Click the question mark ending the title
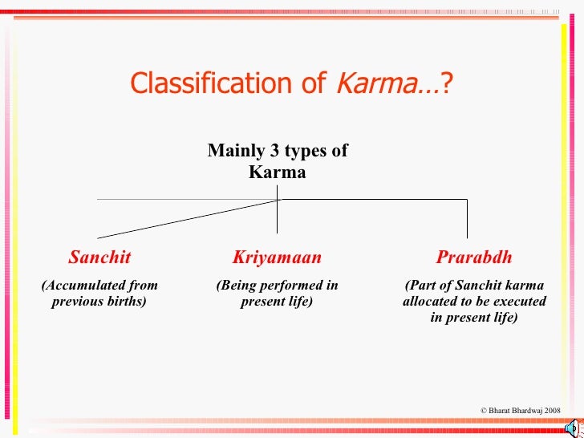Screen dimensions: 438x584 point(447,83)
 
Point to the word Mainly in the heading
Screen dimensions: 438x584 point(233,152)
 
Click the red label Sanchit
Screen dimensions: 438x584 point(99,258)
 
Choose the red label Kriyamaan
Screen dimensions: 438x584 point(277,258)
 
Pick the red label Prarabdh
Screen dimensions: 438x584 point(473,258)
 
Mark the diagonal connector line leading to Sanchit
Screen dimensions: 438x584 point(185,218)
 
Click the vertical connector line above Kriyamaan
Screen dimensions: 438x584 point(278,217)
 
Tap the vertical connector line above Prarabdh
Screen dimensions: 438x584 point(467,218)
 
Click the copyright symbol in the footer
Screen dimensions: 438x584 point(484,410)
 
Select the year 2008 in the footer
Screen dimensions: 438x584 point(552,410)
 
